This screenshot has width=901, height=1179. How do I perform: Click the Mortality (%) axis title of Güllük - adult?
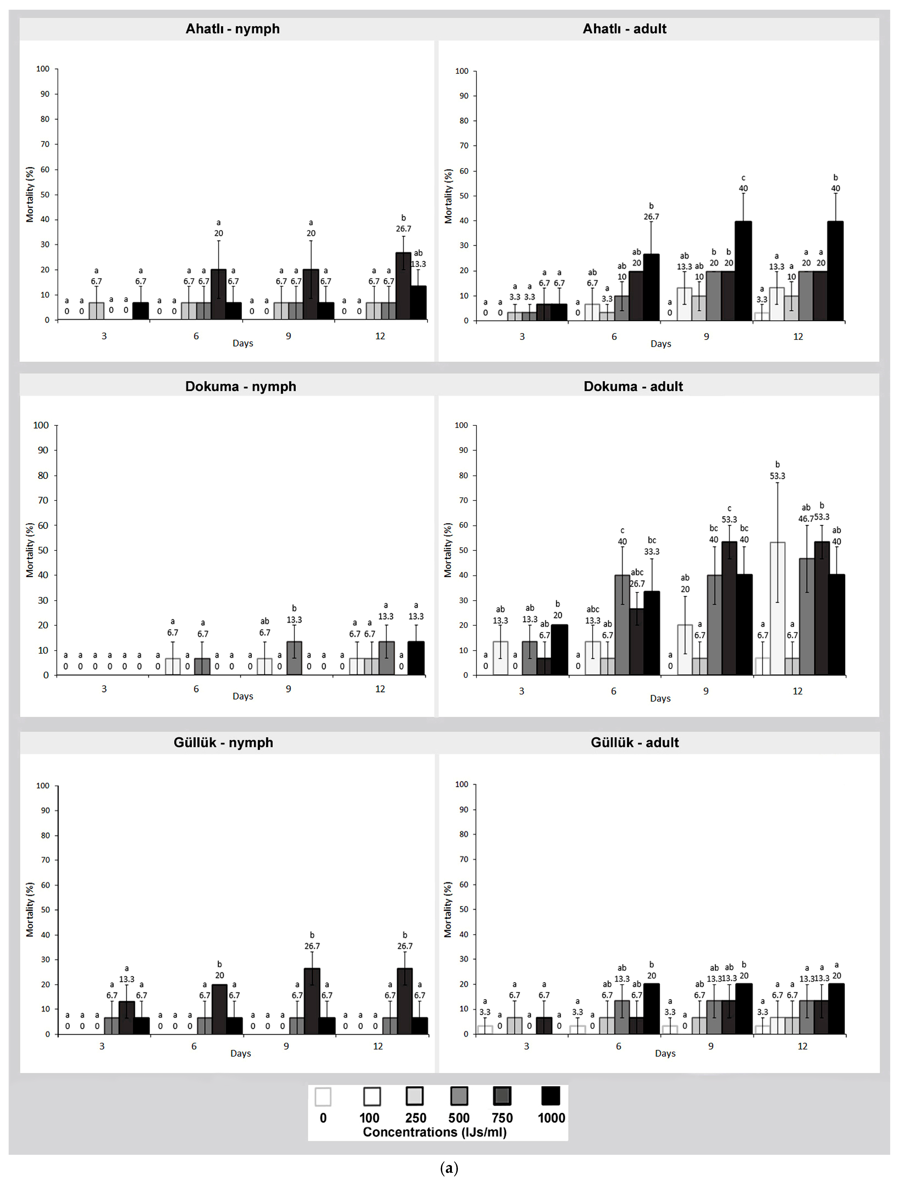pos(448,909)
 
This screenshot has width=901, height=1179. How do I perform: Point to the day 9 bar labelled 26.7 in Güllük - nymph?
pos(312,1000)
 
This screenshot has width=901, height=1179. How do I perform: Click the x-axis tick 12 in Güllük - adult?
pos(802,1046)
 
